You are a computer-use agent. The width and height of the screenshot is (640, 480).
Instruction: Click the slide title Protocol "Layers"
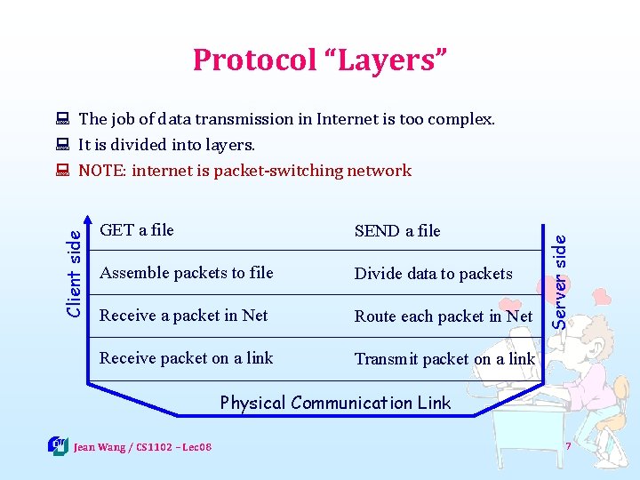point(320,60)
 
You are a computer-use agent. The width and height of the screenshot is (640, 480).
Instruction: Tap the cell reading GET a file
point(137,230)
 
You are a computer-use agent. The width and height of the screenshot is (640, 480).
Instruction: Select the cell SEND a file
point(397,231)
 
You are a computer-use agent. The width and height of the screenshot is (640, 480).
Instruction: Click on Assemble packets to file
point(187,273)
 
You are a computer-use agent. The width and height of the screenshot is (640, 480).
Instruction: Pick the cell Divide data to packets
point(434,274)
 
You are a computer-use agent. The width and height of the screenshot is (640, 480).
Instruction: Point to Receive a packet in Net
point(184,316)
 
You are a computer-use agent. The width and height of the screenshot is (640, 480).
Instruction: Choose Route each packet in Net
point(444,316)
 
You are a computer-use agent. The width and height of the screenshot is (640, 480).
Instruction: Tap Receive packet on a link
point(187,358)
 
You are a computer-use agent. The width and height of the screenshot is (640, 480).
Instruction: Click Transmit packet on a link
point(444,359)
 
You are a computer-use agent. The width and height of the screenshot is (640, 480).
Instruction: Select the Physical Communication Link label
point(335,403)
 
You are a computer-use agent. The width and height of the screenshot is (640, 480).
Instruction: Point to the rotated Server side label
point(560,267)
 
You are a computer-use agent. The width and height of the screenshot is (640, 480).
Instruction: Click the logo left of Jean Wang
point(58,444)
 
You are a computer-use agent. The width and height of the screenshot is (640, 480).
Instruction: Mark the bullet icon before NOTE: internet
point(62,171)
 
